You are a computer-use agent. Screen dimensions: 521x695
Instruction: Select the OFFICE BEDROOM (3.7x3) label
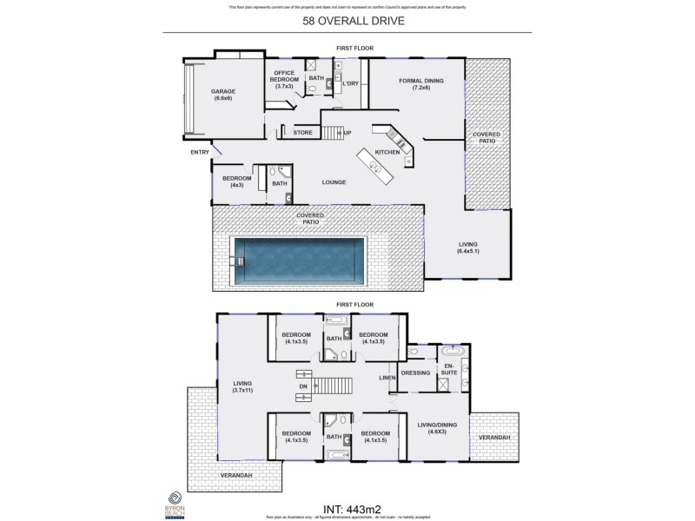coord(287,79)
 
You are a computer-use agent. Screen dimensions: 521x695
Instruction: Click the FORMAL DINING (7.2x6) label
coord(421,85)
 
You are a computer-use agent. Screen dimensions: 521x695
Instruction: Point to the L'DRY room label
coord(351,83)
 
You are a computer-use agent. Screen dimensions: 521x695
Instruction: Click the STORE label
coord(302,133)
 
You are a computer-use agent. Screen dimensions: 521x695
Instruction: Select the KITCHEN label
coord(387,152)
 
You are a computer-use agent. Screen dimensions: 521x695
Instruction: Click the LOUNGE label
coord(334,182)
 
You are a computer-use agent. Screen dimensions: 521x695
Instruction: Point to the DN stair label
coord(302,386)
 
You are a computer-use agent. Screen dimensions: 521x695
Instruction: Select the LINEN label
coord(387,378)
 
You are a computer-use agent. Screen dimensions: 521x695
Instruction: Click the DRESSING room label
coord(416,373)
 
